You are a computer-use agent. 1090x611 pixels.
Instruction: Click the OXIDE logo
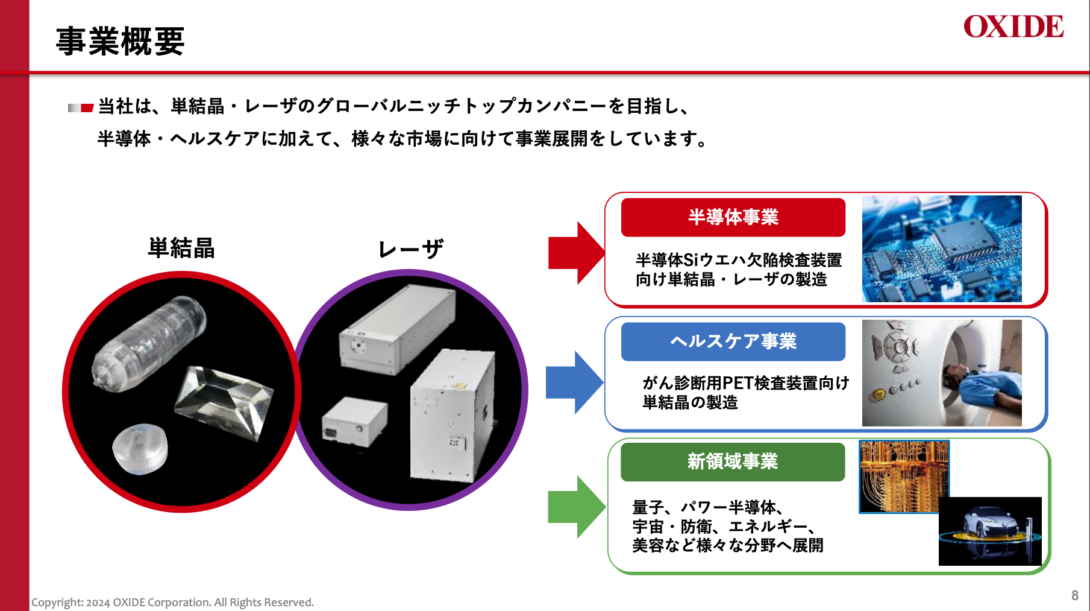[x=1013, y=27]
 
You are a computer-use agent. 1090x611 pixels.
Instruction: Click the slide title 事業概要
[x=120, y=42]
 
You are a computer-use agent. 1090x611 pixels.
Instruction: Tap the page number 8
[x=1075, y=595]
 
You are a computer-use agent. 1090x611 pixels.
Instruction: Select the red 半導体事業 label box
[x=733, y=217]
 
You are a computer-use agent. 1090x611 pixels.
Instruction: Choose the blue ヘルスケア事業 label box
[x=733, y=341]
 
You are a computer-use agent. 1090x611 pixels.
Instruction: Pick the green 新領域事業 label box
[x=733, y=461]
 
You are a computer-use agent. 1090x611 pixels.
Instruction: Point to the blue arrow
[x=575, y=382]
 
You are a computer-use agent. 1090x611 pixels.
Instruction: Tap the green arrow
[x=577, y=507]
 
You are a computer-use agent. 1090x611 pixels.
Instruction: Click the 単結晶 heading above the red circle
[x=181, y=248]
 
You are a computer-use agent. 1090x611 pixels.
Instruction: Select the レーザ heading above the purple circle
[x=410, y=249]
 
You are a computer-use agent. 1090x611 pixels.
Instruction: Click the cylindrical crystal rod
[x=149, y=342]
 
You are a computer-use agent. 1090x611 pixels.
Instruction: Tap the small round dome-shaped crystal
[x=140, y=449]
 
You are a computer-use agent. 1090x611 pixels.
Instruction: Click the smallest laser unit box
[x=354, y=422]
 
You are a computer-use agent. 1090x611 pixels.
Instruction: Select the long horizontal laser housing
[x=398, y=329]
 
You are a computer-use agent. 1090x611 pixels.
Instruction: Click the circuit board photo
[x=942, y=249]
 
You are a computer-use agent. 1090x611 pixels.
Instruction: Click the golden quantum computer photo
[x=904, y=476]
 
